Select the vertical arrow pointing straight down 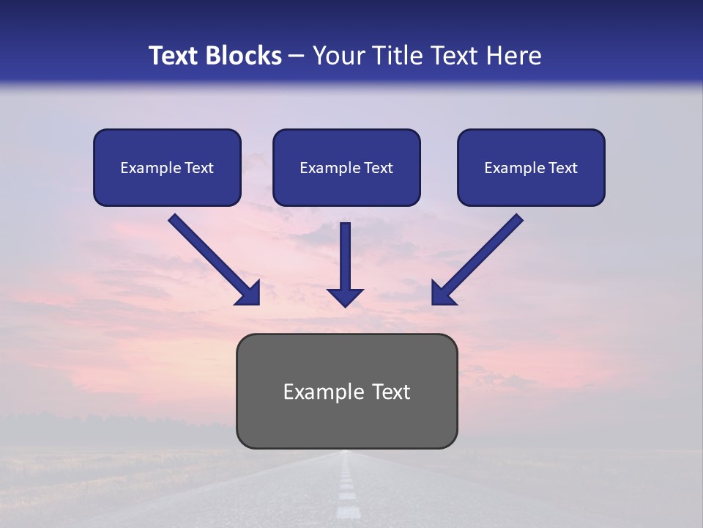345,257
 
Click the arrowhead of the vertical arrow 345,296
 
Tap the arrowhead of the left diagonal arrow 249,293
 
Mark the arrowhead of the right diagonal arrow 442,293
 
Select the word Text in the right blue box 562,168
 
